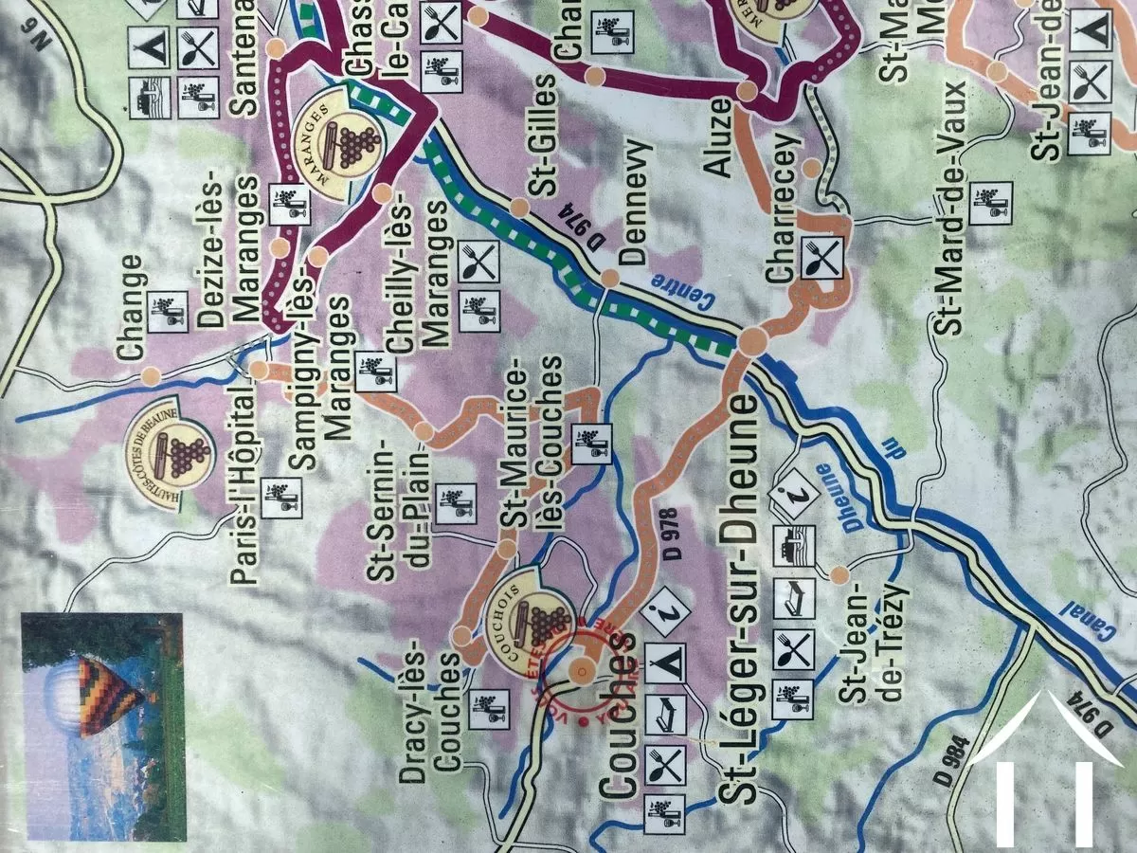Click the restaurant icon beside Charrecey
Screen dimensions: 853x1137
pos(821,256)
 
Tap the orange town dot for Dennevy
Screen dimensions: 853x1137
pos(610,279)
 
